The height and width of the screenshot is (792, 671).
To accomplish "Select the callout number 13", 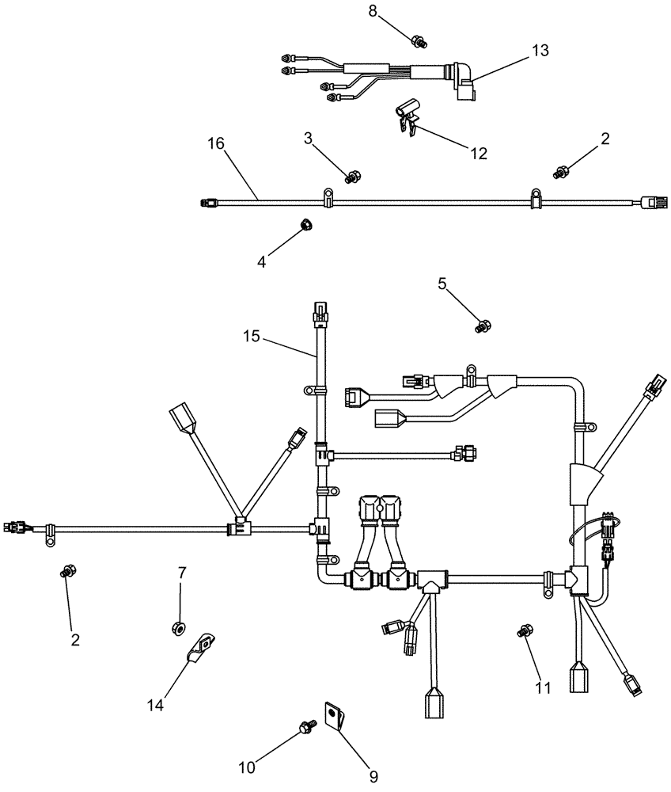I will click(540, 51).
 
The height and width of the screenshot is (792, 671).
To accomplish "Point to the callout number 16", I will click(216, 143).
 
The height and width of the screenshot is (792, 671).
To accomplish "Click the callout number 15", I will click(252, 337).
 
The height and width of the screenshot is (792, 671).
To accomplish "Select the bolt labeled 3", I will click(353, 175).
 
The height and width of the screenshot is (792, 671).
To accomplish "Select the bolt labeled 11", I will click(522, 631).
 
